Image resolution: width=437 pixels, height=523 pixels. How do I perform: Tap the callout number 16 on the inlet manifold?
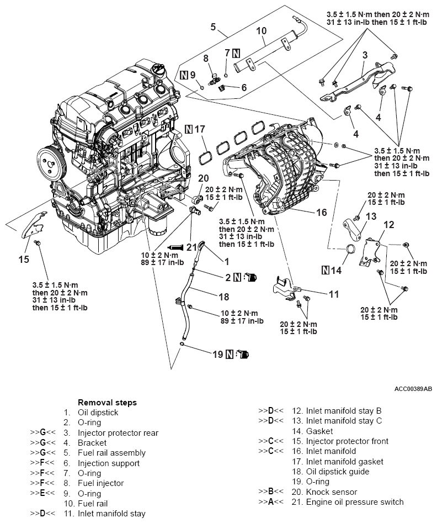tap(321, 212)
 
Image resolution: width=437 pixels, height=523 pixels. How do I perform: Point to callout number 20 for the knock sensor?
tap(203, 178)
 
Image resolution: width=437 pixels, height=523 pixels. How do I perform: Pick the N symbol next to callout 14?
tap(326, 270)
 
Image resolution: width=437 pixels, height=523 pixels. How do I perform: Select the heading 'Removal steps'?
tap(107, 403)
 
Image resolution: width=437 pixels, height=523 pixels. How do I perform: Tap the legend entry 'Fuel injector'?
tap(101, 483)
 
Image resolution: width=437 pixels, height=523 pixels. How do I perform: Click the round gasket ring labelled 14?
tap(349, 251)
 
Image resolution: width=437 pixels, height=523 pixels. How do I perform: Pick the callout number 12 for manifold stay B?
tap(388, 225)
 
